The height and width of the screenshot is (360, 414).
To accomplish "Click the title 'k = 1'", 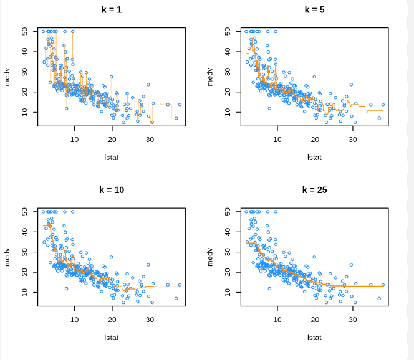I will tap(112, 10).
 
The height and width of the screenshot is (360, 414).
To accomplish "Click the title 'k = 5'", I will tap(314, 10).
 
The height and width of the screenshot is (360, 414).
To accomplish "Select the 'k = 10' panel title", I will tap(112, 190).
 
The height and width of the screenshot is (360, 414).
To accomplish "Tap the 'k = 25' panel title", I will tap(314, 190).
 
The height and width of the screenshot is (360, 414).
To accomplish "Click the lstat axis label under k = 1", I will tap(112, 157).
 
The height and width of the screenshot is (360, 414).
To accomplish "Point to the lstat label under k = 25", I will tap(314, 337).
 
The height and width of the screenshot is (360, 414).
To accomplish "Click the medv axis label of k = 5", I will tap(210, 77).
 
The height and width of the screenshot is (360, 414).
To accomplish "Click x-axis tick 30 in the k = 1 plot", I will tap(150, 140).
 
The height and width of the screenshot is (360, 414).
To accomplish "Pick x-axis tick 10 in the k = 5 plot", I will tap(277, 140).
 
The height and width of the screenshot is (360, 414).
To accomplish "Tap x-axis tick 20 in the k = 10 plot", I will tap(112, 320).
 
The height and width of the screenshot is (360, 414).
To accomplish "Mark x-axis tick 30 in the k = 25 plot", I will tap(353, 320).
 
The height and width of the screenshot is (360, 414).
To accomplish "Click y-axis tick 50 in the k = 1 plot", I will tap(24, 31).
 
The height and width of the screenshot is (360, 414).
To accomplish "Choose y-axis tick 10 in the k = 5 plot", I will tap(227, 112).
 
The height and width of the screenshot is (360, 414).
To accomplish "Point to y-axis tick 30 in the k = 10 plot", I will tap(24, 252).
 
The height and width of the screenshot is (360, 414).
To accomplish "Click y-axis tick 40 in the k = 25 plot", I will tap(227, 232).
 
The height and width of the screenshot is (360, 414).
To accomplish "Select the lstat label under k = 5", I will tap(314, 157).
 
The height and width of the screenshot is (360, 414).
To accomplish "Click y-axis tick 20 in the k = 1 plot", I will tap(24, 92).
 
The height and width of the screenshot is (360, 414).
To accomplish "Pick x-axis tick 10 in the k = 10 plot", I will tap(75, 320).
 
